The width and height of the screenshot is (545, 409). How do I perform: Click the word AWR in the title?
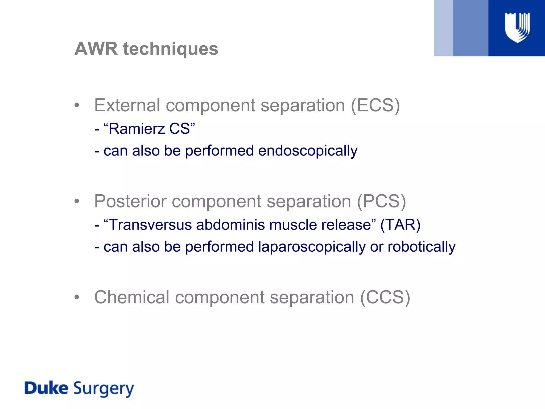(96, 49)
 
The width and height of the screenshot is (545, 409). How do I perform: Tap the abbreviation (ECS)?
(375, 105)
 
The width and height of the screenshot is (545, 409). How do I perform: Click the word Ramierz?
(137, 129)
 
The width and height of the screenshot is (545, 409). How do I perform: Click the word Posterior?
(130, 201)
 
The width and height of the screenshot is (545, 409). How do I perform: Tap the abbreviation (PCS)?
(381, 201)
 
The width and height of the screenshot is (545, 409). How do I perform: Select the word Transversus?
(151, 225)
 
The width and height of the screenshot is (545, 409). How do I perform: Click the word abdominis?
(230, 225)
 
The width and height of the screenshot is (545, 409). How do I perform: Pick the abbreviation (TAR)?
(400, 225)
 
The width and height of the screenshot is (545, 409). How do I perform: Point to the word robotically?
(422, 247)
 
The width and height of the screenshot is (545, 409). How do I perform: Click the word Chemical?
(132, 297)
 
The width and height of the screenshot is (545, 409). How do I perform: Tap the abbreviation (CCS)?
(385, 297)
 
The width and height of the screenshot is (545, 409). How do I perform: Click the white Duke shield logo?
(517, 28)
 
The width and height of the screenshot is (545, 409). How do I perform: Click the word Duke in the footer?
(46, 388)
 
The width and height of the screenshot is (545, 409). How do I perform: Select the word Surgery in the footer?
(104, 389)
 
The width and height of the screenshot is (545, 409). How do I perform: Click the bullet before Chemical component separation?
(77, 297)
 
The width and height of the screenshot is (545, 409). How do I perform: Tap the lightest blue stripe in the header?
(443, 28)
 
